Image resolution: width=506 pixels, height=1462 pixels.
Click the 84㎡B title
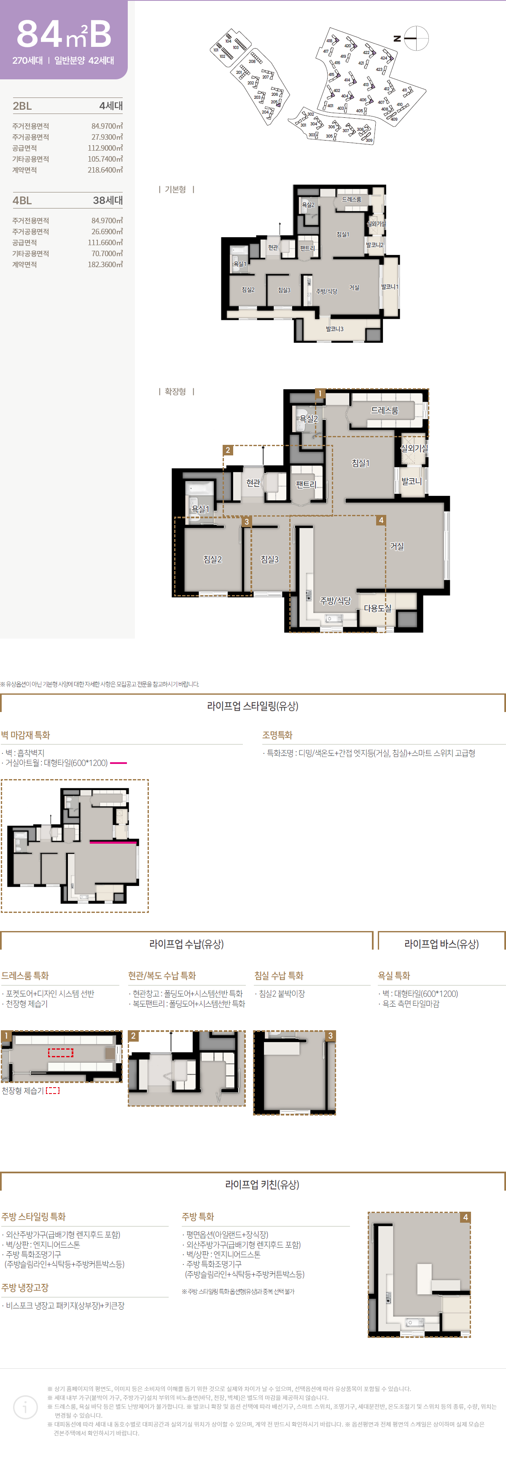[64, 35]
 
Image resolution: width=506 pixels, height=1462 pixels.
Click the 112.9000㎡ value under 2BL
[105, 148]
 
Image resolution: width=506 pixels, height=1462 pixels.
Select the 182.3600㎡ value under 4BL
[105, 265]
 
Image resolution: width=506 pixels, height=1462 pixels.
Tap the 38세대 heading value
[108, 200]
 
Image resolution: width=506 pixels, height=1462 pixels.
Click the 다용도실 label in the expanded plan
[377, 608]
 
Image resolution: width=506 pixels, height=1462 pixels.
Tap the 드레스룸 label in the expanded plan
[384, 410]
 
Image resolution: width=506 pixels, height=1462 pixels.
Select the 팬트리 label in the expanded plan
[306, 484]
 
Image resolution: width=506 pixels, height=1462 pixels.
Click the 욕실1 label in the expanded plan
[200, 509]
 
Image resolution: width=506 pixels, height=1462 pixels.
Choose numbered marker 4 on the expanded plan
[381, 520]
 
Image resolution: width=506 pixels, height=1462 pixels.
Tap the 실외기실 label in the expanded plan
[414, 448]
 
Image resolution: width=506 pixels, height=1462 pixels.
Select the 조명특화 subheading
[277, 735]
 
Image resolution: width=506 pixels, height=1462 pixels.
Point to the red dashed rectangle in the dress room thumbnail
[60, 1053]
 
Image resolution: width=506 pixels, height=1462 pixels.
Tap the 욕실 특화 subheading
[394, 976]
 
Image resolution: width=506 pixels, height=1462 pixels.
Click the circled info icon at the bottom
[25, 1408]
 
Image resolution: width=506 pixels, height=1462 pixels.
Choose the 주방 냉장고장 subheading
[25, 1287]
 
